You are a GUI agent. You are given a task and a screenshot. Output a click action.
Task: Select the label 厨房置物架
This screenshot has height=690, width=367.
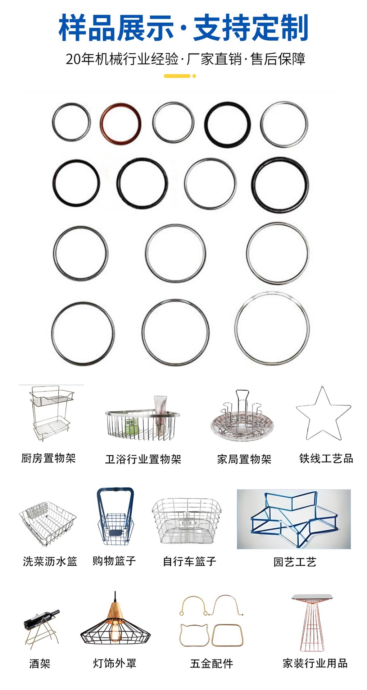(49, 458)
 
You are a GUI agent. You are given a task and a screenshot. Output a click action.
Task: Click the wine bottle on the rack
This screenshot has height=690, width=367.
(41, 617)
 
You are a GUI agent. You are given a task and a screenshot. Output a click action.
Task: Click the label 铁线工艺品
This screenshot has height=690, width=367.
(326, 458)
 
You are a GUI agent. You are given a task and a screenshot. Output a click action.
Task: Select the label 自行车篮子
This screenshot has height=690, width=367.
(189, 561)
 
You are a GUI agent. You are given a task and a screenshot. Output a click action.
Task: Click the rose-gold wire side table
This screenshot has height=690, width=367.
(312, 624)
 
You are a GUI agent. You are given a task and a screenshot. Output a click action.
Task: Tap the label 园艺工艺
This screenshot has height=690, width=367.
(295, 562)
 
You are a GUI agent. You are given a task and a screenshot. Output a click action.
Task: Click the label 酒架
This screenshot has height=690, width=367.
(40, 663)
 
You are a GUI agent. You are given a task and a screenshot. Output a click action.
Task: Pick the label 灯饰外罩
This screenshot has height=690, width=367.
(115, 663)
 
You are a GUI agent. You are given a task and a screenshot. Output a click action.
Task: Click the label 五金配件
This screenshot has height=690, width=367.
(212, 663)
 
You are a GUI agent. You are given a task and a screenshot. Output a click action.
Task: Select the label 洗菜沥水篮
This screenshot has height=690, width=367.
(50, 561)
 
